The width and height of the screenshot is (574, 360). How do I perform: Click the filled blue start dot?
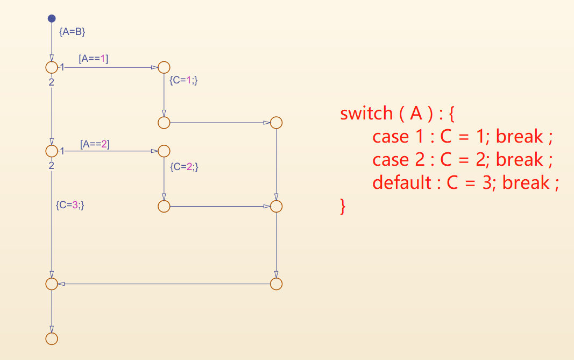52,18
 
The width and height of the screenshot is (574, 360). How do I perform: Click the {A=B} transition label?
72,32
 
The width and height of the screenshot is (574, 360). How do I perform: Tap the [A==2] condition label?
95,144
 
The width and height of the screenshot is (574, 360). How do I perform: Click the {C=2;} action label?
184,167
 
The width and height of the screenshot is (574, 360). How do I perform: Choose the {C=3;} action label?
70,204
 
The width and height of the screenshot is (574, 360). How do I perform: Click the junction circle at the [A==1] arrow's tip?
164,68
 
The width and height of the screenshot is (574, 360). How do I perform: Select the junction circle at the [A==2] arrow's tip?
164,151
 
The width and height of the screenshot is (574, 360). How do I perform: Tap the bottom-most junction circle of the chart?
52,338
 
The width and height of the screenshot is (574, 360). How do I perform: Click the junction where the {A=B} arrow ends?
52,68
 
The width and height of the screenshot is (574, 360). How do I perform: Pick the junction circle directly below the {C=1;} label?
164,123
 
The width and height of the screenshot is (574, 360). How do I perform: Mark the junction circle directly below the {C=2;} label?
164,206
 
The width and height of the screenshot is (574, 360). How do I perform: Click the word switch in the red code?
366,114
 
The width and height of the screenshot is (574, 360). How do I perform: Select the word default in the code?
402,183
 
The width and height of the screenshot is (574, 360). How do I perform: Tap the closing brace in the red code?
343,206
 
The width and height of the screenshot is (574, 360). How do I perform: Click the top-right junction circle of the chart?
276,123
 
